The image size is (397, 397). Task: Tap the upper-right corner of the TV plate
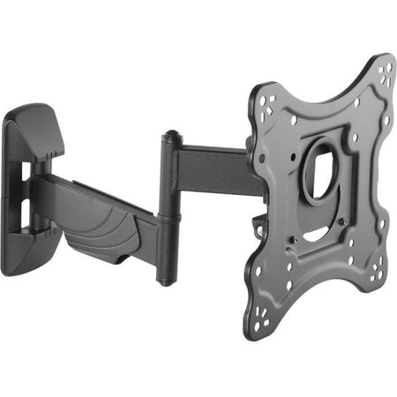(x=383, y=71)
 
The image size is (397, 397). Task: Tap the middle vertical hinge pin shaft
(x=165, y=212)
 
